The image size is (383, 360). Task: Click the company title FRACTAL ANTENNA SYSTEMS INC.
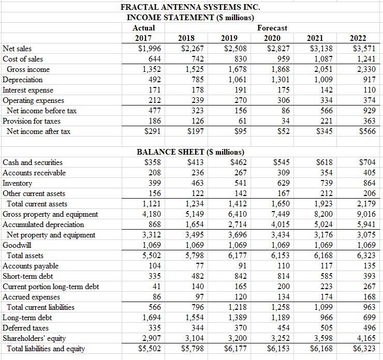[183, 7]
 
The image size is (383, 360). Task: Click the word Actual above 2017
[143, 28]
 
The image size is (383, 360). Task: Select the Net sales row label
[18, 49]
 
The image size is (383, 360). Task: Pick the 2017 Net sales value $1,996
[148, 49]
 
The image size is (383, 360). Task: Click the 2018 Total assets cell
[192, 256]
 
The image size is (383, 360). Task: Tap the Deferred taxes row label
[26, 328]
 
